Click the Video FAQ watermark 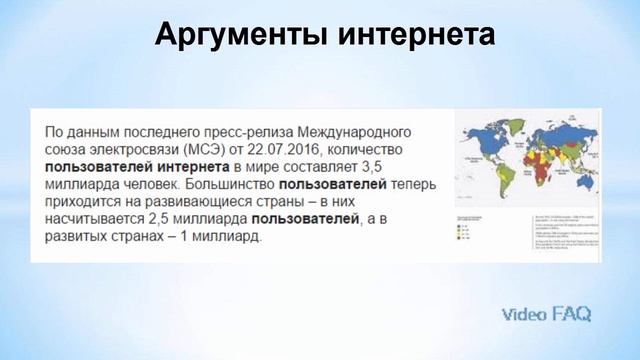546,314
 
